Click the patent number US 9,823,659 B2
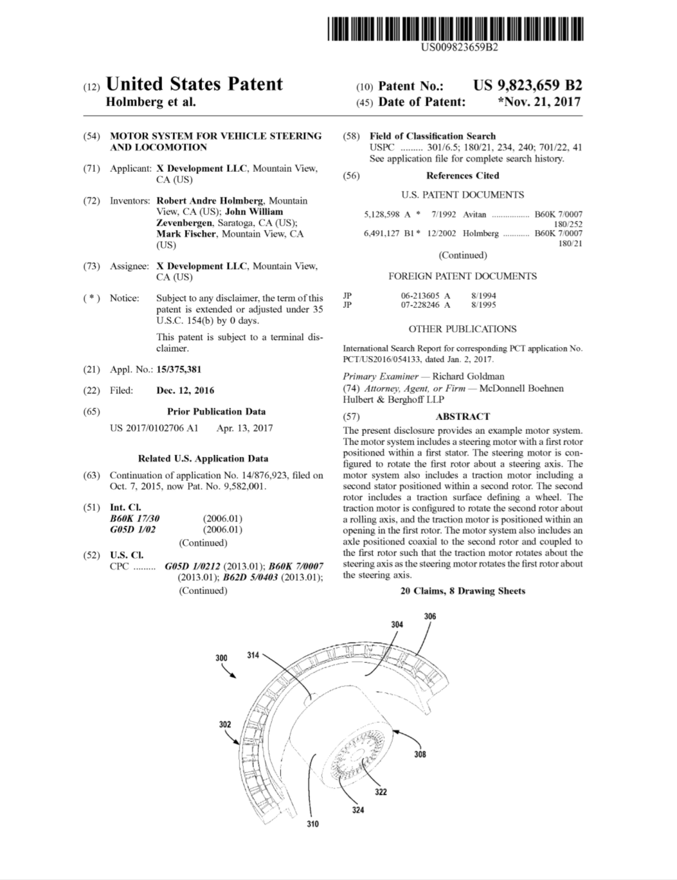pyautogui.click(x=527, y=85)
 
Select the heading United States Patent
pyautogui.click(x=194, y=84)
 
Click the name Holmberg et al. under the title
pyautogui.click(x=150, y=102)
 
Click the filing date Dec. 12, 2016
pyautogui.click(x=185, y=390)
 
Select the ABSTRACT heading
pyautogui.click(x=462, y=417)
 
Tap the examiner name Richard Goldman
pyautogui.click(x=468, y=377)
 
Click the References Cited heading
pyautogui.click(x=462, y=175)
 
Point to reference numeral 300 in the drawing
pyautogui.click(x=221, y=658)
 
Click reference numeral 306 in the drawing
pyautogui.click(x=430, y=616)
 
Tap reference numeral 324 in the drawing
pyautogui.click(x=358, y=810)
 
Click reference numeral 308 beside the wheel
pyautogui.click(x=420, y=754)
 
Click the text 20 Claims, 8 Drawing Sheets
pyautogui.click(x=462, y=591)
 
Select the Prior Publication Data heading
pyautogui.click(x=216, y=411)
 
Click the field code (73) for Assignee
pyautogui.click(x=93, y=266)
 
